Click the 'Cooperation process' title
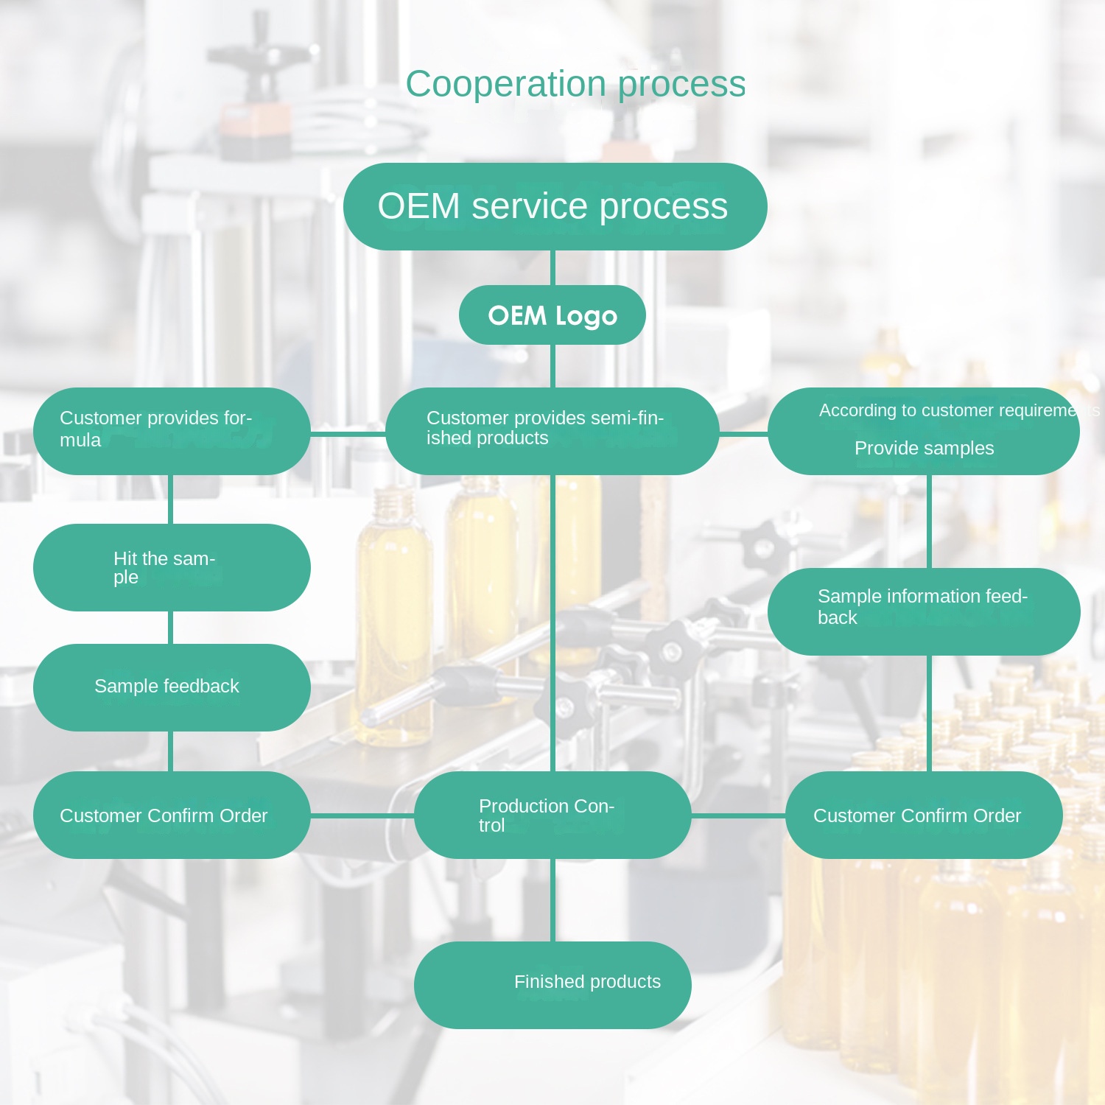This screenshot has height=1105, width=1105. tap(575, 84)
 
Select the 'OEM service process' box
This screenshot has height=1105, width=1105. tap(555, 206)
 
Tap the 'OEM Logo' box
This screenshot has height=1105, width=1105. tap(552, 315)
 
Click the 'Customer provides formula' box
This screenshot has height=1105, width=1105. tap(172, 431)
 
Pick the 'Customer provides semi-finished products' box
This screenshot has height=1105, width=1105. tap(552, 431)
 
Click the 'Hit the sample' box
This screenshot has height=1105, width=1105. tap(172, 567)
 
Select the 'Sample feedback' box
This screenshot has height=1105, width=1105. tap(172, 687)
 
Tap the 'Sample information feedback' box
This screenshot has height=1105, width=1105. tap(924, 611)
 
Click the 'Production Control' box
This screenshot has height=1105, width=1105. tap(552, 815)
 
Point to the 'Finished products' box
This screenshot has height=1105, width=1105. tap(552, 985)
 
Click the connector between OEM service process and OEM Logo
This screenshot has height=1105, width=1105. tap(552, 267)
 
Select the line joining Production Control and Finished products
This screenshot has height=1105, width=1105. tap(552, 899)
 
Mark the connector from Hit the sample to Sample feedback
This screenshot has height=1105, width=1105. tap(171, 628)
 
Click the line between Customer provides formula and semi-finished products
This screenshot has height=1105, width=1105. tap(348, 434)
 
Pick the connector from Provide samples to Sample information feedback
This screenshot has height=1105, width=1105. tap(929, 521)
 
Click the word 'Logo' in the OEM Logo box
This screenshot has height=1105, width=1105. tap(586, 316)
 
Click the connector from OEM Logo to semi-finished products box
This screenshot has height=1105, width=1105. tap(552, 365)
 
